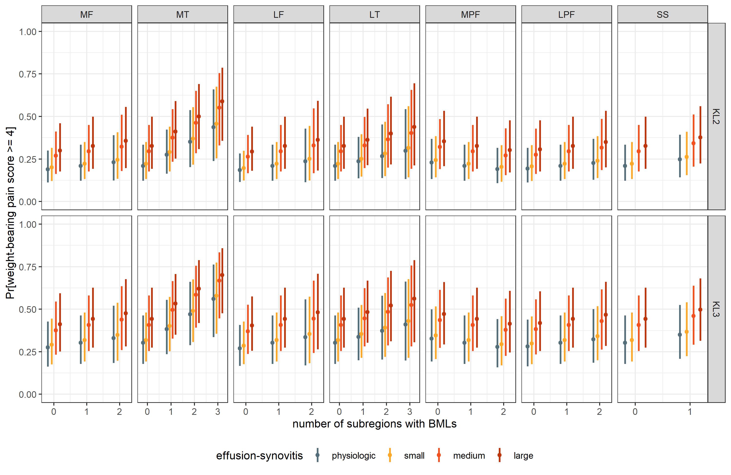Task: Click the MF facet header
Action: coord(86,14)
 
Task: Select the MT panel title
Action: coord(183,14)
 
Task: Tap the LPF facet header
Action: coord(566,14)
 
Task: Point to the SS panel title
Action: coord(663,14)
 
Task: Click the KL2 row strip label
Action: coord(716,116)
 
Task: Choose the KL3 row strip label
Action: coord(716,309)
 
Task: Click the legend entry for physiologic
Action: coord(353,456)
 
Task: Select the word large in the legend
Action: coord(523,456)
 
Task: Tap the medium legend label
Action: coord(469,456)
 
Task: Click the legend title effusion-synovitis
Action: coord(259,456)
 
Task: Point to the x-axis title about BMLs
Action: coord(375,424)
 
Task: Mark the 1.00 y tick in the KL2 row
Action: coord(28,32)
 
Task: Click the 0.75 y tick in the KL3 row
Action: coord(28,267)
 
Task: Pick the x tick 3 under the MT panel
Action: coord(218,412)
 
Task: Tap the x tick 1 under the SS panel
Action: coord(690,412)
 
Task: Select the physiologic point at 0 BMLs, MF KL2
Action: coord(48,169)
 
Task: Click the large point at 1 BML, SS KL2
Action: coord(700,137)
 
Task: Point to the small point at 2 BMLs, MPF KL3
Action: coord(501,344)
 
